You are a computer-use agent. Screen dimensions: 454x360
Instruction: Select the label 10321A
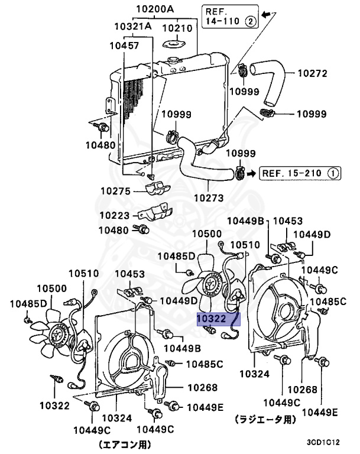pyautogui.click(x=134, y=27)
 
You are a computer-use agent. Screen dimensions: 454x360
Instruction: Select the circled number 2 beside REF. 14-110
pyautogui.click(x=250, y=22)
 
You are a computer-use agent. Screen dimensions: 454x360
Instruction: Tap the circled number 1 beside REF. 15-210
pyautogui.click(x=333, y=173)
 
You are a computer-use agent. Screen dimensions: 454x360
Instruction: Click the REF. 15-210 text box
pyautogui.click(x=300, y=173)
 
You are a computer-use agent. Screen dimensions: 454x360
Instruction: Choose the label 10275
pyautogui.click(x=115, y=191)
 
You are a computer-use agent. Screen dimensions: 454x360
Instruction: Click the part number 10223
pyautogui.click(x=115, y=215)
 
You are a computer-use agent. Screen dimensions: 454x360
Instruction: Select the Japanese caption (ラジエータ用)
pyautogui.click(x=264, y=418)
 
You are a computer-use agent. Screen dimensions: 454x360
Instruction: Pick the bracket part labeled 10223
pyautogui.click(x=155, y=213)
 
